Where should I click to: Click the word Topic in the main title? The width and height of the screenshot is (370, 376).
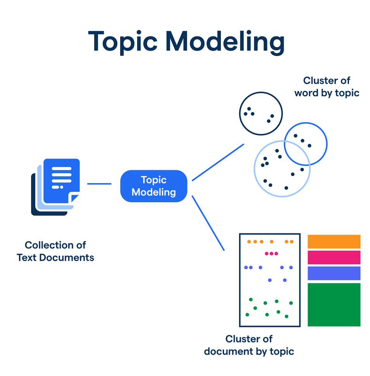point(123,41)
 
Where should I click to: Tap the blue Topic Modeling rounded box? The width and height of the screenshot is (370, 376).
point(154,186)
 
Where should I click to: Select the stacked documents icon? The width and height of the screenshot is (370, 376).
point(55,186)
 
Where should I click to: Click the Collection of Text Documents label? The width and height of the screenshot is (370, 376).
point(55,251)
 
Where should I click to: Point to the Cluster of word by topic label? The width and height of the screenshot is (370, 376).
point(327,86)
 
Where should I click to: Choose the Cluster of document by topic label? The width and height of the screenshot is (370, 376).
point(249,345)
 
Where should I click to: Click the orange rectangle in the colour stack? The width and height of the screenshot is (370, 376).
point(334,241)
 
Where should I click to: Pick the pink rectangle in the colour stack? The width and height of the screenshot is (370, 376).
point(334,257)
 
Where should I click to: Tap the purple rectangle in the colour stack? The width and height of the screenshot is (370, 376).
point(334,273)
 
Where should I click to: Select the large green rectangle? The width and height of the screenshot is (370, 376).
point(334,305)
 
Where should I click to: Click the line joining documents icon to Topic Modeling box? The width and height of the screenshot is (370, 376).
point(99,184)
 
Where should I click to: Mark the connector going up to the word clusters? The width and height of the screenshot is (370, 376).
point(218,162)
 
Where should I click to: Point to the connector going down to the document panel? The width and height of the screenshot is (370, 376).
point(208,223)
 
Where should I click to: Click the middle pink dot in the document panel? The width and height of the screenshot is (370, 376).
point(271,254)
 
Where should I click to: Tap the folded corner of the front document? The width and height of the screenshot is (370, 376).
point(75,199)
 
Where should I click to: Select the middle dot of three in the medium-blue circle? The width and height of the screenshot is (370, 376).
point(303,141)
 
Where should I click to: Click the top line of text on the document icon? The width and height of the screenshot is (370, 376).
point(62,169)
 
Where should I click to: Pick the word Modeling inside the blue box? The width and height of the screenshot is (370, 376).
point(154,192)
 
